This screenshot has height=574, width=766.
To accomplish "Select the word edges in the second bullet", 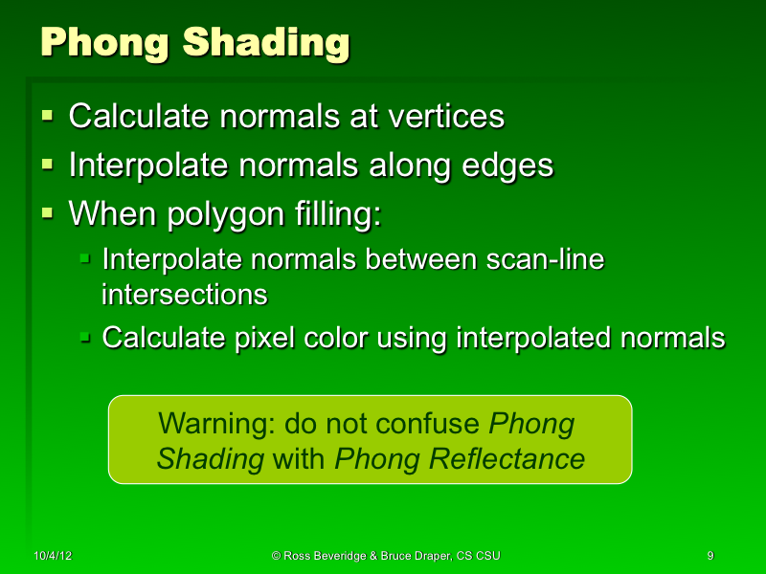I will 507,165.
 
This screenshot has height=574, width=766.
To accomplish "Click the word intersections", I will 184,294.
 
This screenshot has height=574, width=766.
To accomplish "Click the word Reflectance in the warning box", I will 507,459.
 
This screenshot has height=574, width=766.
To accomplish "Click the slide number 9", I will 710,556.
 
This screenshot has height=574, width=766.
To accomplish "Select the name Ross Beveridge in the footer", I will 323,556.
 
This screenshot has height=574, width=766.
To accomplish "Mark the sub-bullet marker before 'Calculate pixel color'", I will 85,337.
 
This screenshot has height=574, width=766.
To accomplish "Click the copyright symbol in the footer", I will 276,556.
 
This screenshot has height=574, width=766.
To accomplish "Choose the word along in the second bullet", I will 408,165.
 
